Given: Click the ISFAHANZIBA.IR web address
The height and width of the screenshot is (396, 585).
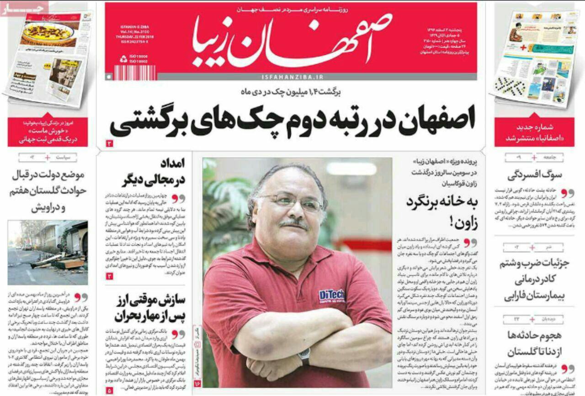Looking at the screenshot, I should click(x=292, y=77).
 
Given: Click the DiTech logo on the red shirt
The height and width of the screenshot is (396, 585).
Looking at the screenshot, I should click(x=331, y=296).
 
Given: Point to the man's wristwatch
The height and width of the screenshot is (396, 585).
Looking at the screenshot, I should click(x=304, y=356).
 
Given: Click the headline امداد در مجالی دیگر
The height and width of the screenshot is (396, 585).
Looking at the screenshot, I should click(x=154, y=173).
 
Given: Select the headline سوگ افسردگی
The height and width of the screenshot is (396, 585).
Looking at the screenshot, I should click(x=535, y=175).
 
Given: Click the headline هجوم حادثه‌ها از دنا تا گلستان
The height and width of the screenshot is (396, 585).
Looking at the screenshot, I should click(x=534, y=343).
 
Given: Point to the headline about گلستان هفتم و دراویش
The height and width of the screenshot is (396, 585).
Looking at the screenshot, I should click(x=48, y=191).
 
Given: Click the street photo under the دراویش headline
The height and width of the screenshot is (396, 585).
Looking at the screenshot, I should click(x=48, y=253).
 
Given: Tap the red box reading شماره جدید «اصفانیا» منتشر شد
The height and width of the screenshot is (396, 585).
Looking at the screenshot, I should click(x=534, y=132).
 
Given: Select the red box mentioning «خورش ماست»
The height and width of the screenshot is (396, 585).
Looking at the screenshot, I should click(x=48, y=132).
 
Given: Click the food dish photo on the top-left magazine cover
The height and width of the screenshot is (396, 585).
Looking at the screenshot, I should click(x=48, y=33).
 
